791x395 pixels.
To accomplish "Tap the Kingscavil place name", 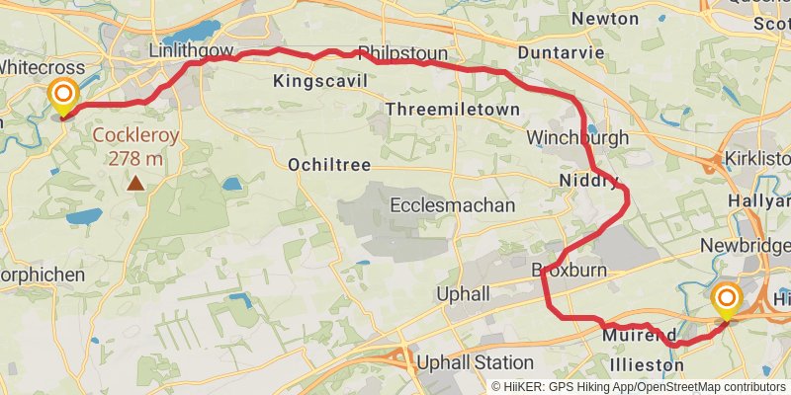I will pyautogui.click(x=321, y=80).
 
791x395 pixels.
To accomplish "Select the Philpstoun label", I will pyautogui.click(x=403, y=52).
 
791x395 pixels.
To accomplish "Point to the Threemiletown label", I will pyautogui.click(x=454, y=109).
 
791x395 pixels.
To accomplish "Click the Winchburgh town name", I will pyautogui.click(x=577, y=137).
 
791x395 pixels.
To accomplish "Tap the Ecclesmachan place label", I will pyautogui.click(x=453, y=205).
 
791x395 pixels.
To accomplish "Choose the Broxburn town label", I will pyautogui.click(x=569, y=270).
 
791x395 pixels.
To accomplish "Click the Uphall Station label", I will pyautogui.click(x=475, y=362).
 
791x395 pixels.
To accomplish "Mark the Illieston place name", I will pyautogui.click(x=647, y=364).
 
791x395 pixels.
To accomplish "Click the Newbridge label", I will pyautogui.click(x=746, y=245).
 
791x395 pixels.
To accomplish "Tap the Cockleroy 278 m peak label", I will pyautogui.click(x=136, y=147).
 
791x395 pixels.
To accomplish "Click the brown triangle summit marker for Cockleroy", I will pyautogui.click(x=134, y=183).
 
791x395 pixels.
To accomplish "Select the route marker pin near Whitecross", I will pyautogui.click(x=63, y=96).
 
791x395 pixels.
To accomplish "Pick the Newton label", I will pyautogui.click(x=605, y=19).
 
